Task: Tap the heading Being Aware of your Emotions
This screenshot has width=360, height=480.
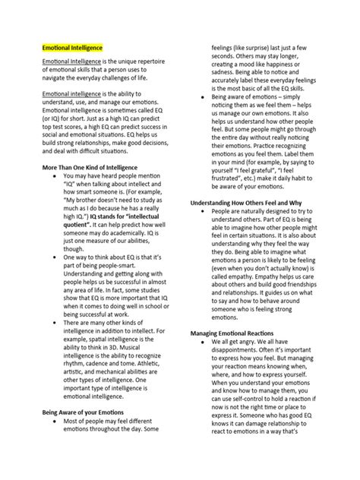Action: [78, 432]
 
